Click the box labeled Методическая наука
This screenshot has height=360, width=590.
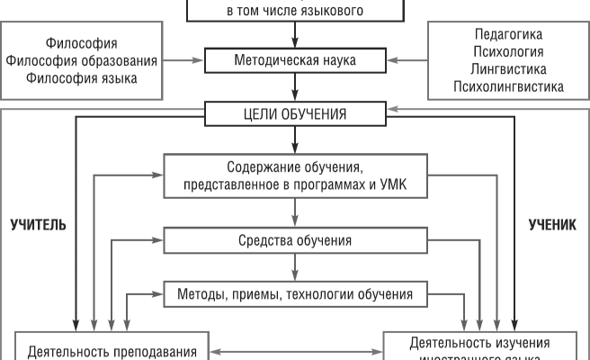point(295,61)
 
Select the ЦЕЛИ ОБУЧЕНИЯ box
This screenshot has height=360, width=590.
point(295,114)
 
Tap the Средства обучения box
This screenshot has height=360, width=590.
point(295,241)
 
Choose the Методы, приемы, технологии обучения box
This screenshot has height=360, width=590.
point(295,293)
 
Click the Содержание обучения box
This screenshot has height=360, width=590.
point(295,175)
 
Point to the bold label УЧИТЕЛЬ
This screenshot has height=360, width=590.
point(37,225)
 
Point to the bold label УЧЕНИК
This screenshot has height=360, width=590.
point(551,225)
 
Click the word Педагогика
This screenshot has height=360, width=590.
point(508,35)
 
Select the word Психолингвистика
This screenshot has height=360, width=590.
point(508,86)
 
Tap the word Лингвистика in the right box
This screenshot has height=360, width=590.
point(508,69)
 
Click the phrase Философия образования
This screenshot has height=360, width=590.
point(82,60)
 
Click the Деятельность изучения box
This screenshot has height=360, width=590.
point(486,346)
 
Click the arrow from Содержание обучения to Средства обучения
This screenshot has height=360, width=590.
point(295,213)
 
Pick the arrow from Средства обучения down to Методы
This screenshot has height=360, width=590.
point(295,268)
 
